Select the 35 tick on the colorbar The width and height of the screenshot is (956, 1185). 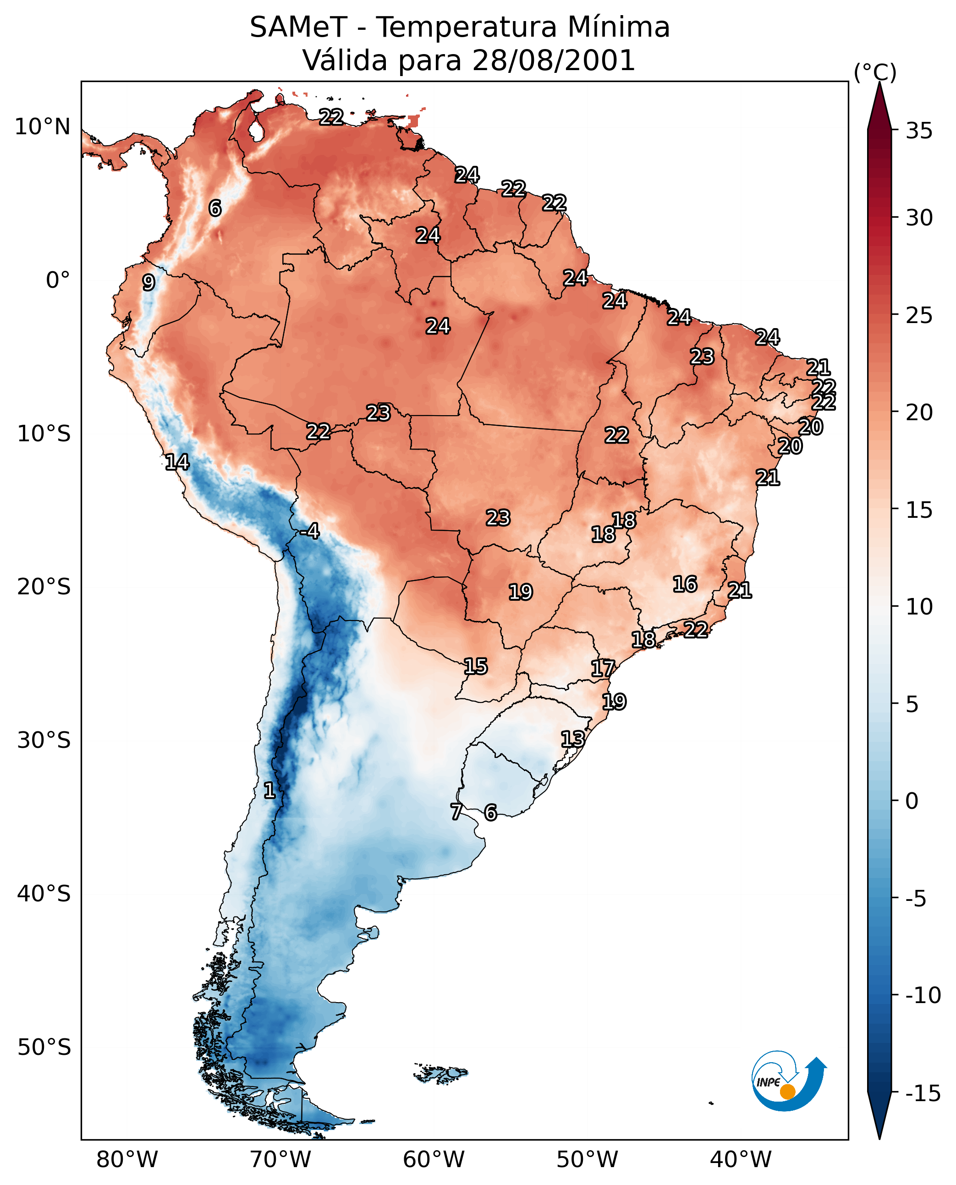pos(919,131)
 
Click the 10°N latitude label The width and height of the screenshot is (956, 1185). pos(43,127)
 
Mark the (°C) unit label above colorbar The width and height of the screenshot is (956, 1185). pos(875,72)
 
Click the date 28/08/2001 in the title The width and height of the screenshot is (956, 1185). pos(554,60)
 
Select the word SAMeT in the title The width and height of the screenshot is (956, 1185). pos(298,27)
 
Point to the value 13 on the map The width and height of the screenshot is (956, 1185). pos(573,739)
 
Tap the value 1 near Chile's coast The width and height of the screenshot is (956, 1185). pos(269,791)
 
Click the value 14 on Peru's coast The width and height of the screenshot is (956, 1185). pos(177,462)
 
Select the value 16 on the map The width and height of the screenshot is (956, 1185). pos(685,584)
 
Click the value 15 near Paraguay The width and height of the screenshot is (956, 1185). pos(475,667)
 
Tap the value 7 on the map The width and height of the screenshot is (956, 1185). pos(456,812)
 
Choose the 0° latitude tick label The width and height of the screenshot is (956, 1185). pos(58,280)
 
